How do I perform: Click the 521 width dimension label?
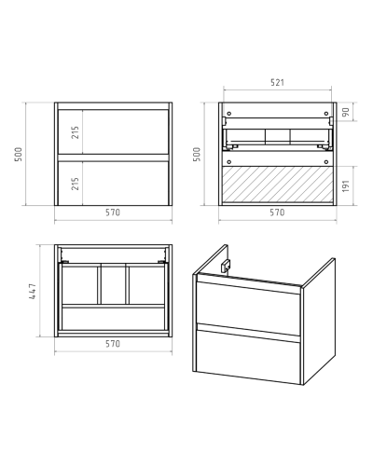pyautogui.click(x=277, y=83)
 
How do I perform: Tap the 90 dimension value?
pyautogui.click(x=346, y=112)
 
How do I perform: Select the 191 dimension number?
pyautogui.click(x=346, y=185)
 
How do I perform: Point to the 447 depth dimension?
pyautogui.click(x=33, y=291)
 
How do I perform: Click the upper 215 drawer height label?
pyautogui.click(x=76, y=132)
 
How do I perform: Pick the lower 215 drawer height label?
pyautogui.click(x=76, y=184)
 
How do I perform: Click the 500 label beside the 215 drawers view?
pyautogui.click(x=19, y=154)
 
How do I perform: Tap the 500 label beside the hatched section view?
pyautogui.click(x=197, y=154)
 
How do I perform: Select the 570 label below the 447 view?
pyautogui.click(x=113, y=344)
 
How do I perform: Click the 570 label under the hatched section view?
pyautogui.click(x=277, y=212)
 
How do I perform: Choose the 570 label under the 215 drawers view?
pyautogui.click(x=113, y=212)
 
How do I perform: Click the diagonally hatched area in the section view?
pyautogui.click(x=278, y=185)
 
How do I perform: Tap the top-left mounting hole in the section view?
pyautogui.click(x=229, y=114)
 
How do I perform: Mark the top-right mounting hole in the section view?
pyautogui.click(x=326, y=114)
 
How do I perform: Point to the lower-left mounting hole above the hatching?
pyautogui.click(x=229, y=162)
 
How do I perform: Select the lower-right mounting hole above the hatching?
pyautogui.click(x=326, y=162)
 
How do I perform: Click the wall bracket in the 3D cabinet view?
pyautogui.click(x=226, y=267)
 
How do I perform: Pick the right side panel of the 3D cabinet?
pyautogui.click(x=319, y=322)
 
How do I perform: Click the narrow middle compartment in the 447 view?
pyautogui.click(x=113, y=284)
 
